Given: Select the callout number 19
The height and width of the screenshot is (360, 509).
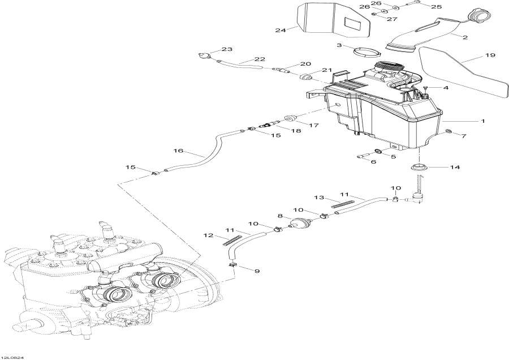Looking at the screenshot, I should (490, 55).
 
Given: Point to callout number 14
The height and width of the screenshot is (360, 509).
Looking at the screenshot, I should (455, 168).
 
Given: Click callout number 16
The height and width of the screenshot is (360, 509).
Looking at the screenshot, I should (178, 151).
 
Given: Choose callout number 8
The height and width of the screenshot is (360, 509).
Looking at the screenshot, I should (279, 216).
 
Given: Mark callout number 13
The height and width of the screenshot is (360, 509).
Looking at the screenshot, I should (318, 198).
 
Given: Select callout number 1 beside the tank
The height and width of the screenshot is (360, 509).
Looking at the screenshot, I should (482, 121).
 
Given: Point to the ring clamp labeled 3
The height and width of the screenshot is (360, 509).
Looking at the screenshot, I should (366, 53).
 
